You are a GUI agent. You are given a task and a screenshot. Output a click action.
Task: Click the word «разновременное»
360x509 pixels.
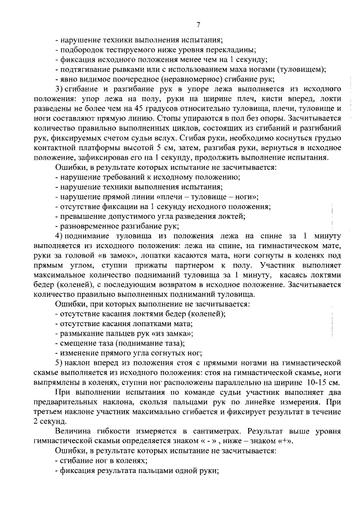[89, 225]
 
